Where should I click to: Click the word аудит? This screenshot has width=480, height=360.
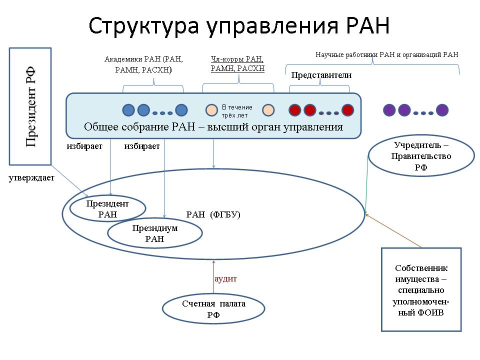[225, 279]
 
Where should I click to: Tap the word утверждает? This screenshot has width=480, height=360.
[31, 178]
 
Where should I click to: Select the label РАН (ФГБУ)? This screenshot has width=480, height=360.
[213, 214]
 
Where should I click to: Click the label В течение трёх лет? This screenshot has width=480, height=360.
[237, 111]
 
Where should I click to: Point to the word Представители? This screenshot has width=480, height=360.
[321, 75]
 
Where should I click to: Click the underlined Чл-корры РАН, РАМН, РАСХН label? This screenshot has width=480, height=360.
[237, 63]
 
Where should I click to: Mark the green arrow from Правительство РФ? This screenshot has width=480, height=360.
[366, 184]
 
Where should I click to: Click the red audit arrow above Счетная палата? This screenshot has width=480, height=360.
[213, 276]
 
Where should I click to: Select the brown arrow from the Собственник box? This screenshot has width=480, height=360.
[393, 231]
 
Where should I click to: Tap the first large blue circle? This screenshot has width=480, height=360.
[128, 110]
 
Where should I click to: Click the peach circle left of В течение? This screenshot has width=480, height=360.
[211, 110]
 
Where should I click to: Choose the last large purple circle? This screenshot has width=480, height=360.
[442, 110]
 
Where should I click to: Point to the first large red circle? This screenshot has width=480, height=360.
[295, 110]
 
